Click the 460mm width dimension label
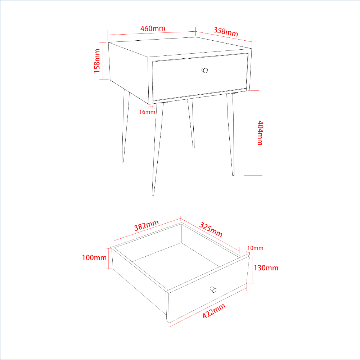(x=153, y=28)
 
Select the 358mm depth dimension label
(x=226, y=31)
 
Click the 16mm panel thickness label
(x=147, y=112)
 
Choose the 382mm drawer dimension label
(x=147, y=225)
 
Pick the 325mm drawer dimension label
(x=211, y=229)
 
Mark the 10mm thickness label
(x=255, y=248)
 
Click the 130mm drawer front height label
(x=266, y=268)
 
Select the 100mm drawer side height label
(x=94, y=258)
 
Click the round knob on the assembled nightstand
(x=205, y=70)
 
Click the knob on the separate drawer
(x=213, y=289)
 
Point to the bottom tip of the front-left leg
(x=153, y=195)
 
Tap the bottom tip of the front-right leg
(x=233, y=175)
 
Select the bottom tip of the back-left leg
(x=123, y=162)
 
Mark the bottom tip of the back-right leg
(x=194, y=148)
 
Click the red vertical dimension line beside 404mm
(x=255, y=133)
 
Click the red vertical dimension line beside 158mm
(x=103, y=61)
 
